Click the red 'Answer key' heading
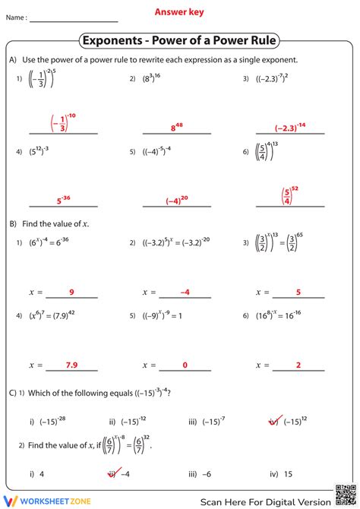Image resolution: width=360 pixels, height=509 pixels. [179, 12]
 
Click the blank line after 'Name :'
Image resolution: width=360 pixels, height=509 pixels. [73, 21]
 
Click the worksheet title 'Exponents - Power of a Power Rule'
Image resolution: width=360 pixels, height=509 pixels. [179, 40]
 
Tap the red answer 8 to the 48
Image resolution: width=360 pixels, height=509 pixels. [178, 128]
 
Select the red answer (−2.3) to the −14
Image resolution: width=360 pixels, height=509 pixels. [290, 127]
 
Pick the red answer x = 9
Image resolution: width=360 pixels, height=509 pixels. [71, 292]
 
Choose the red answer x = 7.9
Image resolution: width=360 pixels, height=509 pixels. [71, 365]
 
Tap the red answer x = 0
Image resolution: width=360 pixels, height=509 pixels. [185, 365]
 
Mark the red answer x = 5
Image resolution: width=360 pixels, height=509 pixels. [298, 292]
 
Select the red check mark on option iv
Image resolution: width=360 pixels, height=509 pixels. [274, 420]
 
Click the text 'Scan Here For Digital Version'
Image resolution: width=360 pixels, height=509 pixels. [265, 501]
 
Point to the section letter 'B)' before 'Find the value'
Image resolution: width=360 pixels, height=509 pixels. [13, 224]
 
